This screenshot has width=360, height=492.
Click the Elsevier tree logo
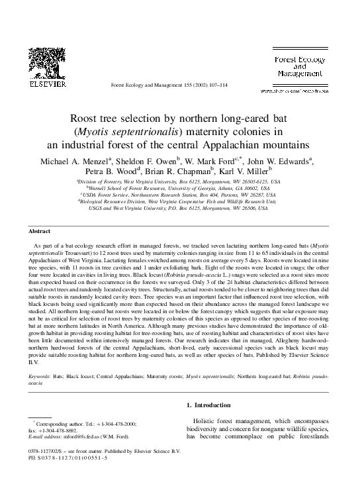click(43, 63)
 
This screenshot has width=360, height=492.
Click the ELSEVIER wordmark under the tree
click(43, 85)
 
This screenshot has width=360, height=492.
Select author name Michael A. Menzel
click(75, 160)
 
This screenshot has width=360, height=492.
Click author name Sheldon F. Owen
click(154, 160)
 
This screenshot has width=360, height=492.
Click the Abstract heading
click(40, 231)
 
